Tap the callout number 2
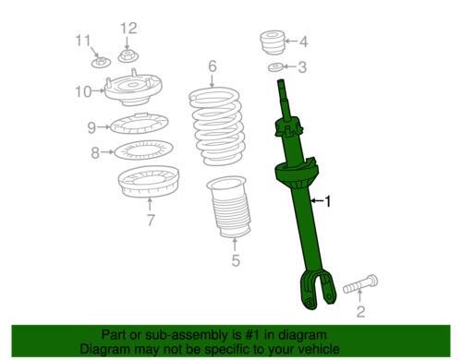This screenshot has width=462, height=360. click(360, 311)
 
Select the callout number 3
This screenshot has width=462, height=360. click(301, 66)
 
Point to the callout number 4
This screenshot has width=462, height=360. click(302, 41)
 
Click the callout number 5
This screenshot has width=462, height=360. click(235, 261)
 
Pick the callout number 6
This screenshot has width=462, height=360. click(212, 66)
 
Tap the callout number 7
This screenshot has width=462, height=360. click(150, 220)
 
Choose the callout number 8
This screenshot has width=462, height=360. click(94, 152)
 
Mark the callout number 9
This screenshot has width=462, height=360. click(91, 127)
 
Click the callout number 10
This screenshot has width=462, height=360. click(83, 90)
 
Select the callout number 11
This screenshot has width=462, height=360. click(84, 40)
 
